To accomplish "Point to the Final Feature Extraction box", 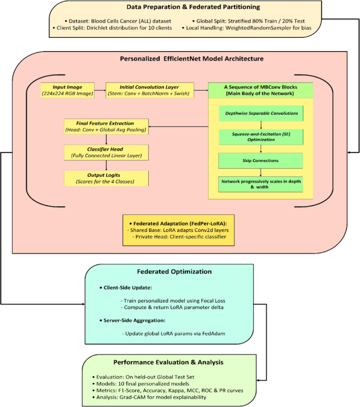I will pyautogui.click(x=106, y=126).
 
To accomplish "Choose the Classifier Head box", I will pyautogui.click(x=106, y=151).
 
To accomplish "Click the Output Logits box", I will pyautogui.click(x=106, y=178).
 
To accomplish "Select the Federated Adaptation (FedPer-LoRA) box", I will pyautogui.click(x=179, y=230).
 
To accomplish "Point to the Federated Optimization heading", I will pyautogui.click(x=181, y=272).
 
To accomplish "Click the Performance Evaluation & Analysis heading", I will pyautogui.click(x=176, y=362).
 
